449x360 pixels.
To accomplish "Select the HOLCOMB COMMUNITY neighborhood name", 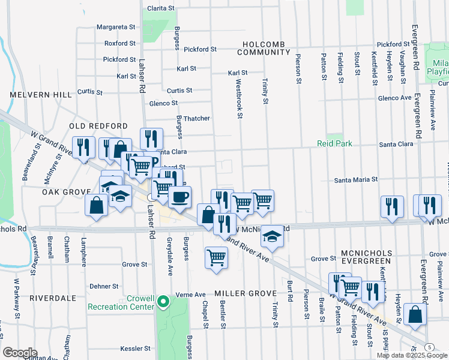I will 264,49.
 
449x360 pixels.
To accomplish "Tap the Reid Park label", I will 335,144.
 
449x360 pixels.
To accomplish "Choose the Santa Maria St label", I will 355,179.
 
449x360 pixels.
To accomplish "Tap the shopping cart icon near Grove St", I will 216,258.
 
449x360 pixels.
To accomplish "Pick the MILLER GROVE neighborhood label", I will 245,293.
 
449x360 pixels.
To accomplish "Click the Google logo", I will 20,353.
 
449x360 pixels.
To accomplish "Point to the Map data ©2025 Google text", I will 411,355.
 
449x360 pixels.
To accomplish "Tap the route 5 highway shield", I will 429,347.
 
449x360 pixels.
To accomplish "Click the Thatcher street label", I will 196,118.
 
